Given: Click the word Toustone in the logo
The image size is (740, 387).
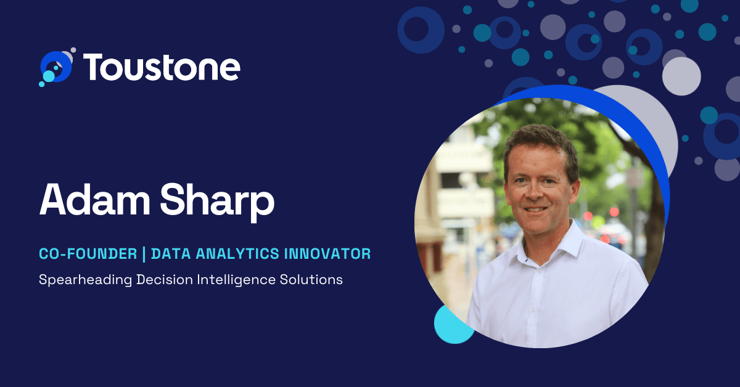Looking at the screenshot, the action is click(x=162, y=67).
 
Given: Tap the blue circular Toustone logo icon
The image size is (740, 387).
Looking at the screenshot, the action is click(x=57, y=67).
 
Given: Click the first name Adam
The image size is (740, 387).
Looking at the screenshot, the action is click(x=95, y=200).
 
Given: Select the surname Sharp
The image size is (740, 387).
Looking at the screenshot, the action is click(x=217, y=202).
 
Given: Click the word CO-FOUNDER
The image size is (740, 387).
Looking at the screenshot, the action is click(x=88, y=254).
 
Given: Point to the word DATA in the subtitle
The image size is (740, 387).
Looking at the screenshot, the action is click(x=171, y=254).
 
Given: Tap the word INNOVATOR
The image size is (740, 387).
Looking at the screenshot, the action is click(x=327, y=254).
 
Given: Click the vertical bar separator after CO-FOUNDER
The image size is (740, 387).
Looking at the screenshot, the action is click(x=144, y=254).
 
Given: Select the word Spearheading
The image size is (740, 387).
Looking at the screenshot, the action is click(x=85, y=280).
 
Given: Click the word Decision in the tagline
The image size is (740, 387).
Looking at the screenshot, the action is click(x=165, y=280).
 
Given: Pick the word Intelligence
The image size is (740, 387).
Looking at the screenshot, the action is click(x=236, y=280).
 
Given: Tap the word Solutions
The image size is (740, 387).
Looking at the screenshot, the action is click(x=311, y=280).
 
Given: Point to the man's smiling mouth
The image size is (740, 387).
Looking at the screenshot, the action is click(x=535, y=210).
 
